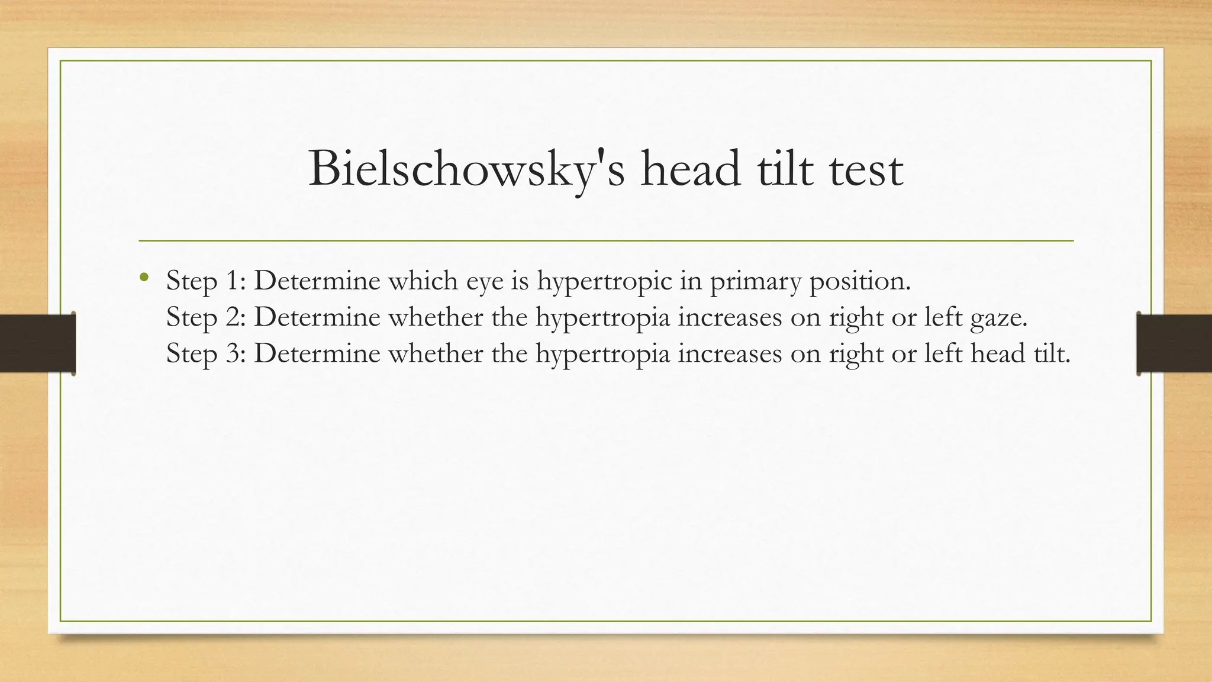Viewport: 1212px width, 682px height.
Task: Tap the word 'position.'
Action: [860, 281]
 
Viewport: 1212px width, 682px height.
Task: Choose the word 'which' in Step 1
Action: [423, 281]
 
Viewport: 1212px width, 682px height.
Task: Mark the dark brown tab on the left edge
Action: [37, 343]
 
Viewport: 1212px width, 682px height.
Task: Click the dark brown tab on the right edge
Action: [1174, 343]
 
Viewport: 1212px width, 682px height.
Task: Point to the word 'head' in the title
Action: [691, 170]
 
